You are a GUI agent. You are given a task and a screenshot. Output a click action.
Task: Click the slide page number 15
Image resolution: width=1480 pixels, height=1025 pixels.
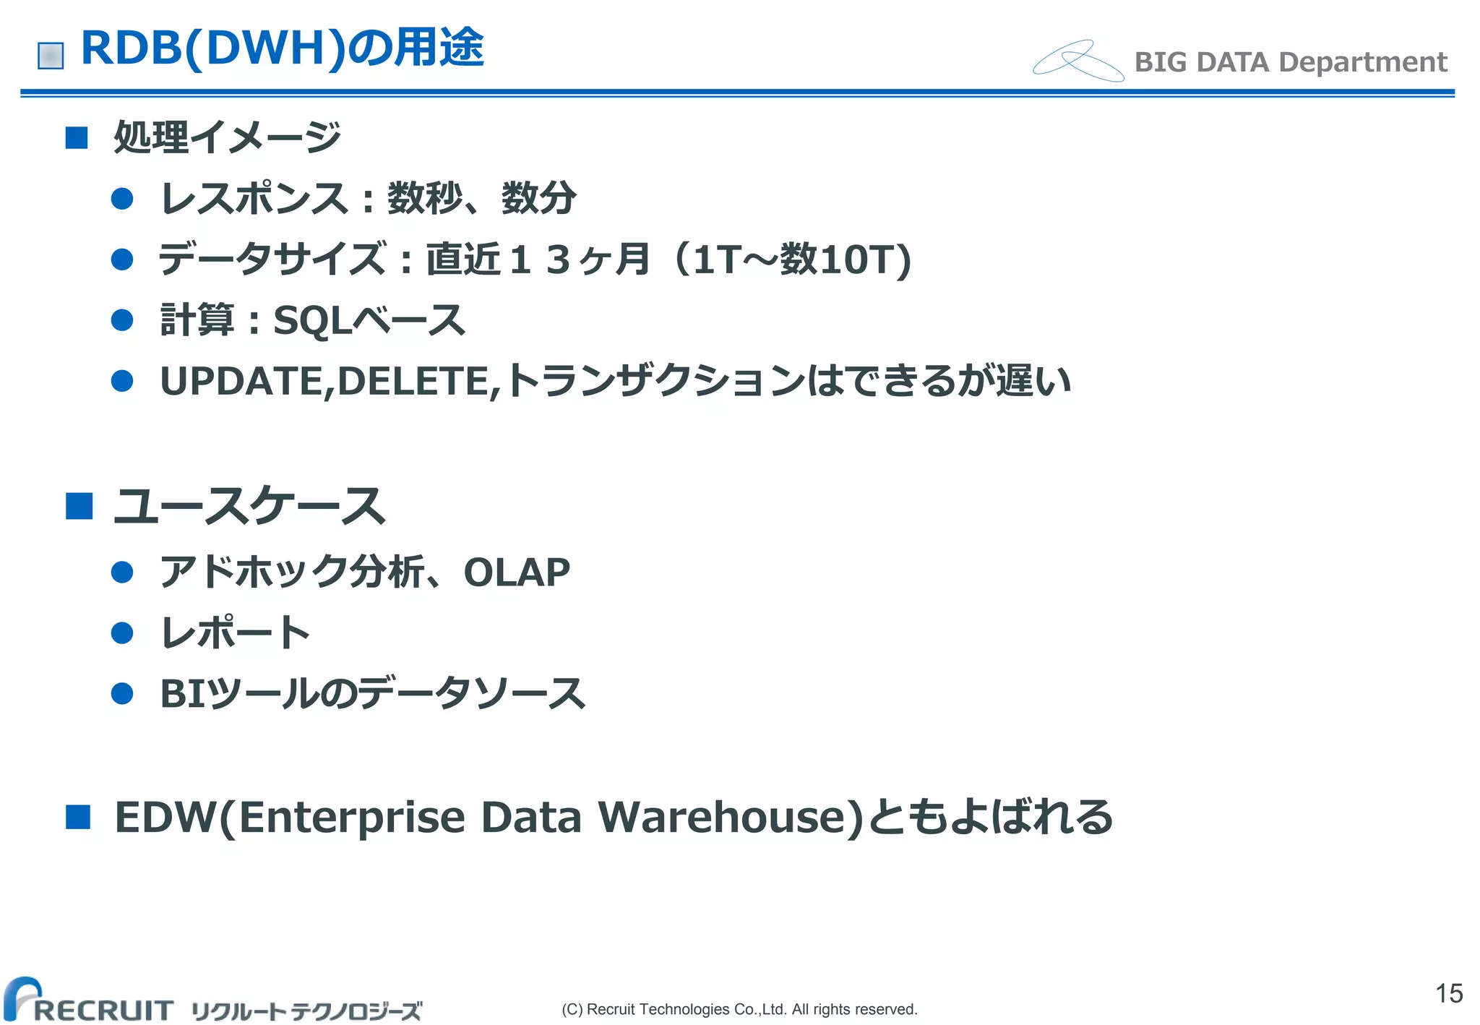tap(1448, 993)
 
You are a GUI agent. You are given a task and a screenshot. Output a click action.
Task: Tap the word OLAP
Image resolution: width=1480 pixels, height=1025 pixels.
tap(517, 572)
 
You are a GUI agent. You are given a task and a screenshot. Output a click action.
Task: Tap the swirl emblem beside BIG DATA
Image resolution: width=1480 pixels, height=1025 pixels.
tap(1077, 61)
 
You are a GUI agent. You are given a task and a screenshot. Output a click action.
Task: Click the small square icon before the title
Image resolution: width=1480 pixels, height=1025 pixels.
tap(51, 56)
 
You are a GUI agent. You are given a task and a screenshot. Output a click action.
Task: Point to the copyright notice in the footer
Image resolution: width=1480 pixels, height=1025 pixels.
tap(739, 1009)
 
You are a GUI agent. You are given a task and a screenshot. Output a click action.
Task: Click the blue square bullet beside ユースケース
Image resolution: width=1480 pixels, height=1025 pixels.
tap(79, 506)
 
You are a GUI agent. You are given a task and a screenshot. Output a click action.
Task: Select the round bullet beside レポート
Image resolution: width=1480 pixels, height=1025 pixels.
tap(123, 633)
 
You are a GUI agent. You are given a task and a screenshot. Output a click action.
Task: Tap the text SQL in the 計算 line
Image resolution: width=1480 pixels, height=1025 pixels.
tap(311, 320)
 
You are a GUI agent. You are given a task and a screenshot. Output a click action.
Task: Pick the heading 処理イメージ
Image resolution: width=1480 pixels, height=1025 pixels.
tap(227, 137)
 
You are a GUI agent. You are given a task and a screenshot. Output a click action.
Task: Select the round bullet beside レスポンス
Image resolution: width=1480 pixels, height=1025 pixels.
tap(123, 199)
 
